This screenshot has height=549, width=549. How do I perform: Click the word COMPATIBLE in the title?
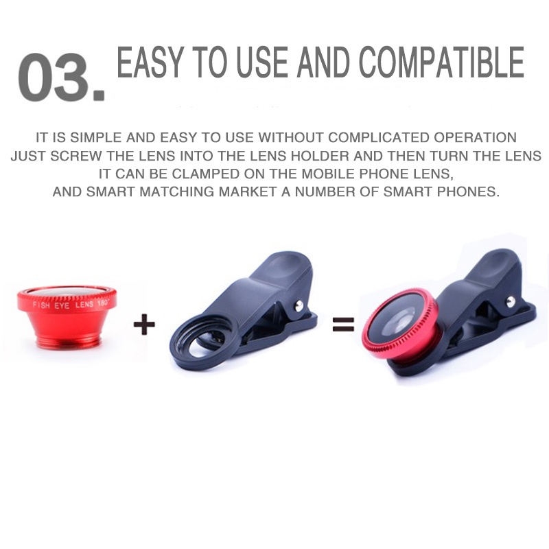click(x=442, y=64)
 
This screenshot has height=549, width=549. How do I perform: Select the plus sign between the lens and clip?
click(x=144, y=324)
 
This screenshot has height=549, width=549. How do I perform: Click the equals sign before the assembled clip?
click(x=343, y=324)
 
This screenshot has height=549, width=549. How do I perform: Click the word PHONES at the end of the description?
click(x=471, y=191)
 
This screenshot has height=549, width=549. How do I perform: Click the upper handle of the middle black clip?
click(x=274, y=271)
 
